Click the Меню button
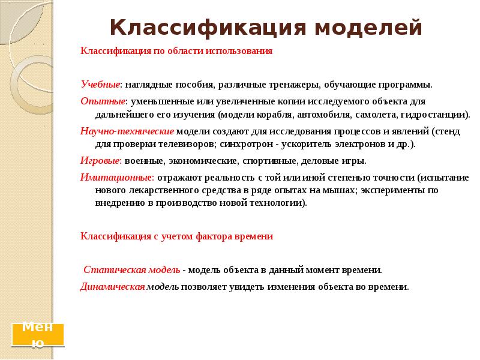[38, 335]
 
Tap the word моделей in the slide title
[369, 28]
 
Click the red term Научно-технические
[127, 130]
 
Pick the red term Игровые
[101, 161]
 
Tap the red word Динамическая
[113, 286]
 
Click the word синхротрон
[247, 145]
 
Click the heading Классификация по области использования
[176, 51]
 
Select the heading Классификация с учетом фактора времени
[176, 236]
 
